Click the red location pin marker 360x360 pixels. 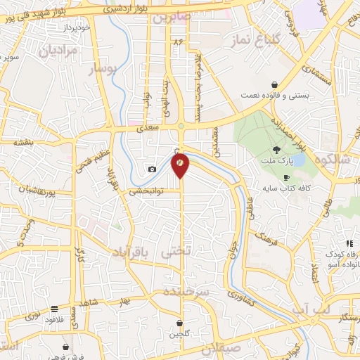click(x=181, y=164)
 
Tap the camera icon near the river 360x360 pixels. click(x=152, y=169)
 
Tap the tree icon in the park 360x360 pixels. click(x=276, y=149)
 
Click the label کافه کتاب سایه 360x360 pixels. click(x=287, y=188)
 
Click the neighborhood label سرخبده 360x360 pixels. click(x=186, y=290)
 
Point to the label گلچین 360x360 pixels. click(x=180, y=334)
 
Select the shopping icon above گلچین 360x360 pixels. click(x=180, y=323)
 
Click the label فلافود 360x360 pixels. click(x=54, y=319)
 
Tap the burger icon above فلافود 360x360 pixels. click(x=54, y=309)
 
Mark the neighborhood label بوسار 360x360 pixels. click(x=101, y=68)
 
